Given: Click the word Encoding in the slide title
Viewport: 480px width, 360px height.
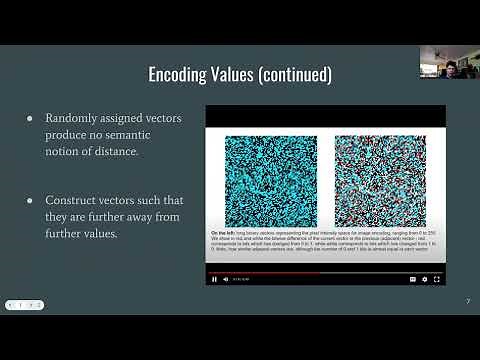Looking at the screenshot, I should pyautogui.click(x=180, y=74).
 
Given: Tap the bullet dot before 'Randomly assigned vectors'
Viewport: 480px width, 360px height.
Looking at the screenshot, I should pyautogui.click(x=31, y=118).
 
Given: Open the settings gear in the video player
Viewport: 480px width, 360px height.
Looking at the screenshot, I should pyautogui.click(x=424, y=279).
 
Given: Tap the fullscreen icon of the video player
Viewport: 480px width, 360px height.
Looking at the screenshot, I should pyautogui.click(x=437, y=279).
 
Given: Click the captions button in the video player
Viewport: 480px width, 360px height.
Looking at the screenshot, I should pyautogui.click(x=412, y=279).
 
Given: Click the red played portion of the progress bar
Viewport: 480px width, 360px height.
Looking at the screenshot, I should pyautogui.click(x=260, y=271).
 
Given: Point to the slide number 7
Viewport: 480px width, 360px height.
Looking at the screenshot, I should pyautogui.click(x=467, y=301).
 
